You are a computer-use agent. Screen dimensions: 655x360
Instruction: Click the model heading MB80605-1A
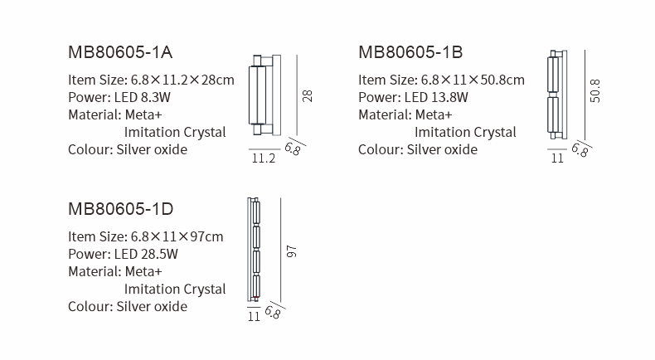pyautogui.click(x=120, y=52)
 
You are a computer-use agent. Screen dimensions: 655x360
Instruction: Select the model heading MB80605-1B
pyautogui.click(x=410, y=52)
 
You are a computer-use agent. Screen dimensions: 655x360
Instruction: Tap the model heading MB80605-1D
pyautogui.click(x=121, y=209)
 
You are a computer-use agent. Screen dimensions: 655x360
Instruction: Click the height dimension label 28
pyautogui.click(x=307, y=95)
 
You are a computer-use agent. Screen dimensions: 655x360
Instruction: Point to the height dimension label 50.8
pyautogui.click(x=594, y=90)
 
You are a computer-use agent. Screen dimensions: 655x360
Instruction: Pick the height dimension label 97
pyautogui.click(x=292, y=251)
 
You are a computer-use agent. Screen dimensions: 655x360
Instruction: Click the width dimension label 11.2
pyautogui.click(x=264, y=158)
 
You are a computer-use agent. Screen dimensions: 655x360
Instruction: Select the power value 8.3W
pyautogui.click(x=155, y=97)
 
